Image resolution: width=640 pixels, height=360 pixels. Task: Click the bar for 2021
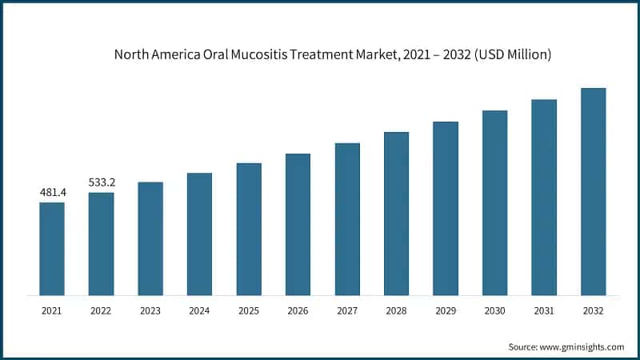pos(52,249)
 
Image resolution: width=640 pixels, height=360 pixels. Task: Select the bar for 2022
pos(101,244)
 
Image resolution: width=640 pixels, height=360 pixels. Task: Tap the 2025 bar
pos(249,230)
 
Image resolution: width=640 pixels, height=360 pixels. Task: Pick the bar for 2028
pos(396,214)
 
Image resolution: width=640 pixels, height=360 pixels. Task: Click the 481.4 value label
pos(52,193)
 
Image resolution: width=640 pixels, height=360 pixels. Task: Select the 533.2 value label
pos(101,182)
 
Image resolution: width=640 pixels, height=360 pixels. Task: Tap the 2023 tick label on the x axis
pos(150,310)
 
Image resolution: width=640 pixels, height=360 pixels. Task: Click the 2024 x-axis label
pos(199,310)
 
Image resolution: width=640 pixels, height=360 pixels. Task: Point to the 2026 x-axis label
pos(298,310)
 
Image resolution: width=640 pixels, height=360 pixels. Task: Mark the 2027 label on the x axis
pos(347,310)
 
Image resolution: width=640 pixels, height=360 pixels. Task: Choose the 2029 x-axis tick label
pos(446,310)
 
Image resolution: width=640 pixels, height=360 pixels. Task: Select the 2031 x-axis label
pos(544,310)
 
